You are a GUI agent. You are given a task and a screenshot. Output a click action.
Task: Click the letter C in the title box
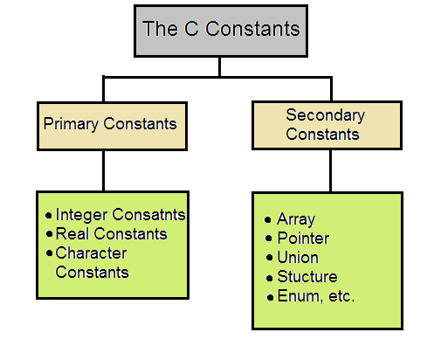(191, 29)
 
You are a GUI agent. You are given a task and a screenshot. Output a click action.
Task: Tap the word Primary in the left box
(71, 124)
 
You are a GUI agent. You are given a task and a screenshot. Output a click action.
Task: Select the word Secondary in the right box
(325, 115)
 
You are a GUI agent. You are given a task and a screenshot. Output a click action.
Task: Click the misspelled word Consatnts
(148, 215)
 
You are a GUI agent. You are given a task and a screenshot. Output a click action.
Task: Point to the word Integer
(81, 215)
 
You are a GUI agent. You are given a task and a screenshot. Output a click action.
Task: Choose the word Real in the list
(72, 233)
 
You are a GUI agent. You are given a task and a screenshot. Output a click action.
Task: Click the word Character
(91, 253)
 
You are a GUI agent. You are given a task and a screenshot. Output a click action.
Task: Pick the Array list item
(296, 219)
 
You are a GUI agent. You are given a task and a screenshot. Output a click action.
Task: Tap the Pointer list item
(303, 239)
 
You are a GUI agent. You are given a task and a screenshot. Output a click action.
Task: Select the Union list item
(298, 258)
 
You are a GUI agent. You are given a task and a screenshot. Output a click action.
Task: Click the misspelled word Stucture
(307, 276)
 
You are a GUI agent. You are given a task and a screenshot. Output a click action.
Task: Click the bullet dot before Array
(268, 219)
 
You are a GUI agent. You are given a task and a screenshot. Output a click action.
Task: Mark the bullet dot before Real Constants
(50, 234)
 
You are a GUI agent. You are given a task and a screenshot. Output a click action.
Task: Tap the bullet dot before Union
(269, 258)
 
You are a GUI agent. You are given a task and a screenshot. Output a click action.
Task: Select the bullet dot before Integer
(49, 216)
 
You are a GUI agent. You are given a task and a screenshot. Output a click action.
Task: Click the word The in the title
(160, 29)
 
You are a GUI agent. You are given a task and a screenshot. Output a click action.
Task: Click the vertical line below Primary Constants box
(104, 170)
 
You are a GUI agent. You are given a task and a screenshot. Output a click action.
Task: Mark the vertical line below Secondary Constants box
(330, 170)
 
